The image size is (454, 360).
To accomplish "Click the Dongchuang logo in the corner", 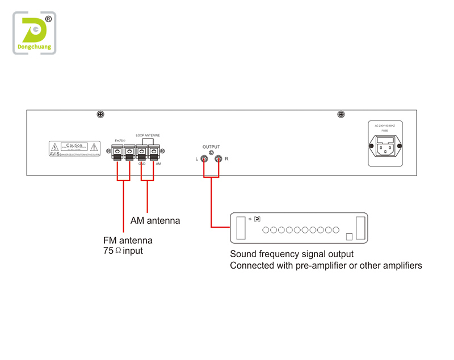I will click(35, 34).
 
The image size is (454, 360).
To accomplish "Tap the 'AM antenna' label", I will click(155, 220).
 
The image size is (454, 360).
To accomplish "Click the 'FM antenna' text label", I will click(128, 240).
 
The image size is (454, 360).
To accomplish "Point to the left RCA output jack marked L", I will click(203, 160).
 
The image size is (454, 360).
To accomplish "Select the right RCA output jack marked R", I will click(218, 160).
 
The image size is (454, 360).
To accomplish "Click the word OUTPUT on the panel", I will click(211, 146).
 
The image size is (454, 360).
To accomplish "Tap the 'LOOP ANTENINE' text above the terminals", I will click(148, 135).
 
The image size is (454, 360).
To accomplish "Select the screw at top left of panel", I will click(100, 115).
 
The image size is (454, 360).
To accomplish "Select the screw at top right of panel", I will click(341, 115).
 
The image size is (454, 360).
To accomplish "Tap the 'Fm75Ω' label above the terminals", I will click(121, 139).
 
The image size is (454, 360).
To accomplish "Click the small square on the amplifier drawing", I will click(350, 236).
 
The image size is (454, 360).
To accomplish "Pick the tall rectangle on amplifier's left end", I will click(241, 227).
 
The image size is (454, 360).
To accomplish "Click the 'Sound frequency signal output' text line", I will click(292, 254).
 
